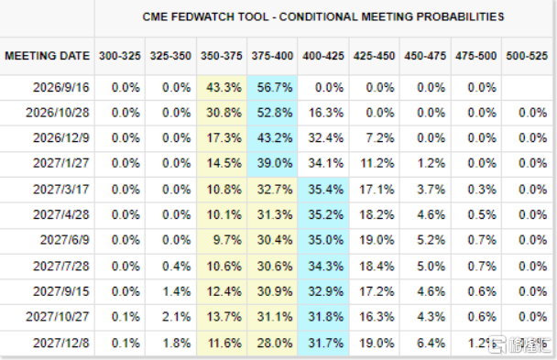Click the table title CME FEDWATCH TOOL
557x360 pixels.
point(205,16)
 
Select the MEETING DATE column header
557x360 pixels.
point(47,56)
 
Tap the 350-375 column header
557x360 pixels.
point(222,56)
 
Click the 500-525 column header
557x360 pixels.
point(527,56)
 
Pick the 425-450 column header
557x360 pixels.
point(374,56)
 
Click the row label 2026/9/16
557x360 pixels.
point(61,87)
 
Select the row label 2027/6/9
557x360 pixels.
point(65,240)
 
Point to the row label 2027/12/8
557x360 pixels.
point(61,343)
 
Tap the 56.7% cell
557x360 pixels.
point(275,87)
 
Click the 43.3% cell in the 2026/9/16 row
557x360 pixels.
point(224,87)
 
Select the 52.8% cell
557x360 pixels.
point(275,113)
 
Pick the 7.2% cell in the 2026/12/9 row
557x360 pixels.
point(380,137)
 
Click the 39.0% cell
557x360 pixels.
point(275,163)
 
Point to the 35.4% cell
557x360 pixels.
point(325,190)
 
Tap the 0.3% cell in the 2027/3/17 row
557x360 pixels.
point(482,190)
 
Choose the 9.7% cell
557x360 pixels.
point(227,240)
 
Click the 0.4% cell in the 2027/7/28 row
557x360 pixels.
point(176,267)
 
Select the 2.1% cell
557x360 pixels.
point(176,317)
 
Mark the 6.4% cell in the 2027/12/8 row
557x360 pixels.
point(431,343)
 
